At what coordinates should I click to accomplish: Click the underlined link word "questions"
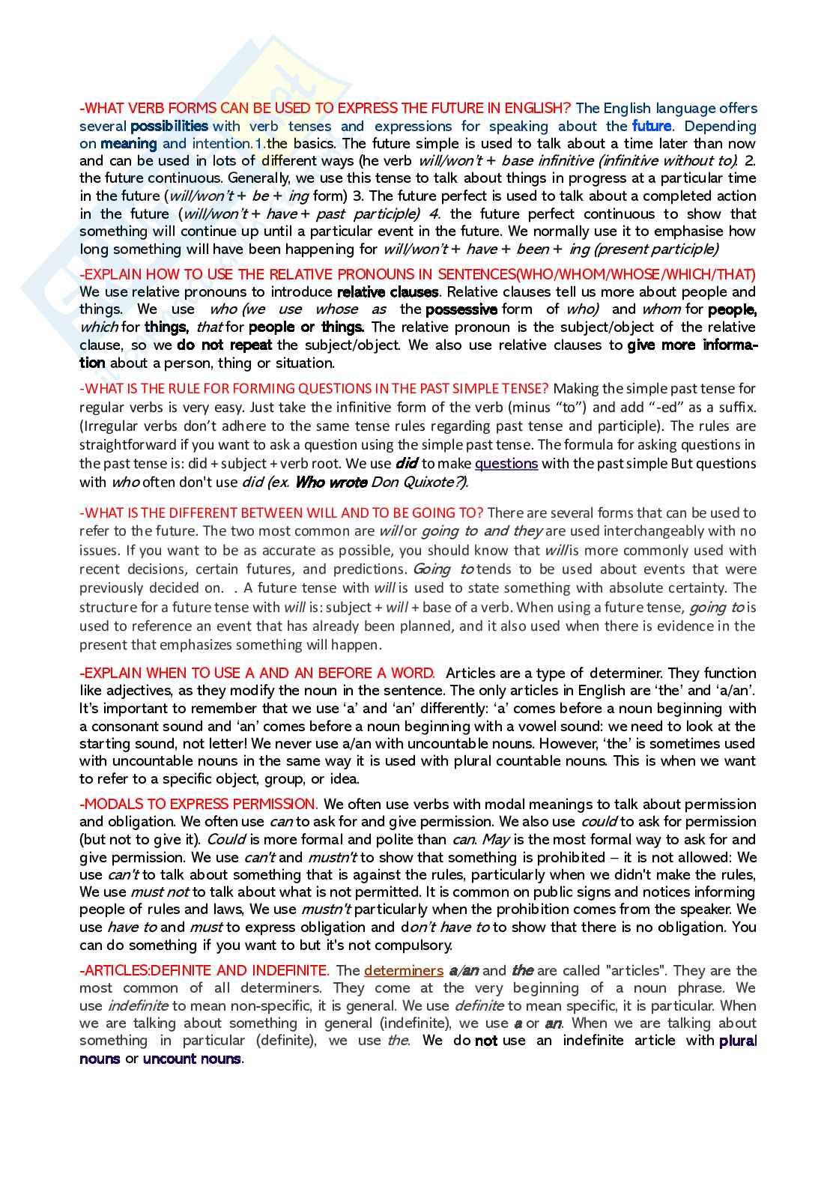pyautogui.click(x=506, y=464)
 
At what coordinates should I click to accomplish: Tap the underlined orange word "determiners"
pyautogui.click(x=404, y=971)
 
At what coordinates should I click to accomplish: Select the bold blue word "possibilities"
pyautogui.click(x=169, y=127)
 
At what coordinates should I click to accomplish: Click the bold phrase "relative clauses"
pyautogui.click(x=387, y=292)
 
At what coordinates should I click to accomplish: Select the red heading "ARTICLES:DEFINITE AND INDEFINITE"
pyautogui.click(x=205, y=971)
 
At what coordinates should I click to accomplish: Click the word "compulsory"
pyautogui.click(x=415, y=946)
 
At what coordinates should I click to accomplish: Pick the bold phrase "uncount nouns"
pyautogui.click(x=192, y=1059)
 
